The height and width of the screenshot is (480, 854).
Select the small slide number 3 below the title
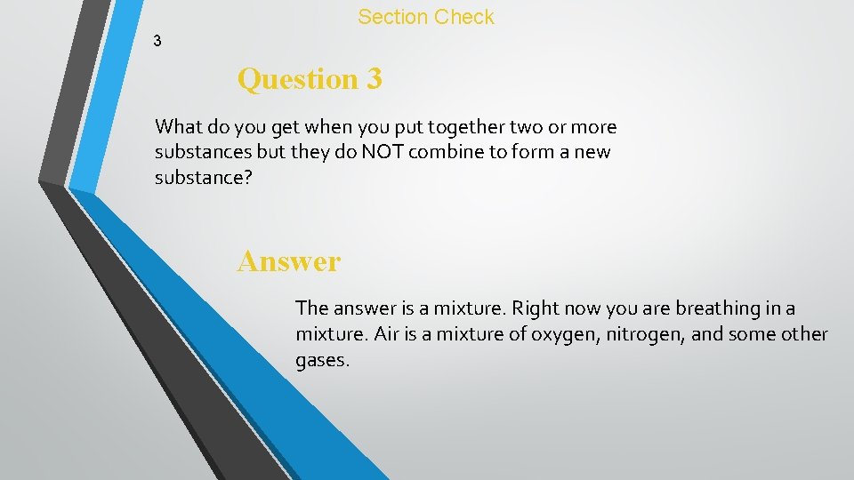point(157,41)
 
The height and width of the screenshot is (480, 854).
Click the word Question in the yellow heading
point(297,79)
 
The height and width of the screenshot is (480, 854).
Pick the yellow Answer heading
point(288,261)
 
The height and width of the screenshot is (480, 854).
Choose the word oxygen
point(563,334)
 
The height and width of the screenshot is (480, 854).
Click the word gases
point(321,360)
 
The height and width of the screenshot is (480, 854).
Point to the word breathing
point(714,308)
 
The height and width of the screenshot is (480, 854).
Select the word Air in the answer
point(385,334)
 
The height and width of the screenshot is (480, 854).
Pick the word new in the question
point(592,151)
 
